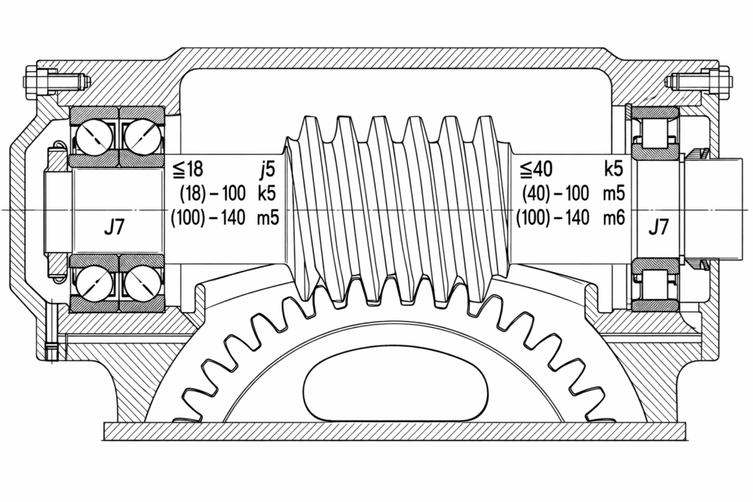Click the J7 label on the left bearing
(x=114, y=227)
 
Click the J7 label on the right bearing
(x=658, y=227)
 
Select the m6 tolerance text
(x=614, y=218)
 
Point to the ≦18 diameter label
(x=188, y=169)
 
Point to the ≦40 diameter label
(x=536, y=169)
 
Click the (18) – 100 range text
(x=213, y=193)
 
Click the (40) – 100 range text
(x=556, y=193)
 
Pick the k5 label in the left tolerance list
(x=267, y=193)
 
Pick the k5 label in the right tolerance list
(x=614, y=169)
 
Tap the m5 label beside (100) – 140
(x=268, y=218)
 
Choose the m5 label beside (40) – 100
(x=614, y=193)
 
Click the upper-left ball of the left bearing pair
(x=94, y=136)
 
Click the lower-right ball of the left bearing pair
(x=141, y=282)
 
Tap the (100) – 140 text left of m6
(x=553, y=218)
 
